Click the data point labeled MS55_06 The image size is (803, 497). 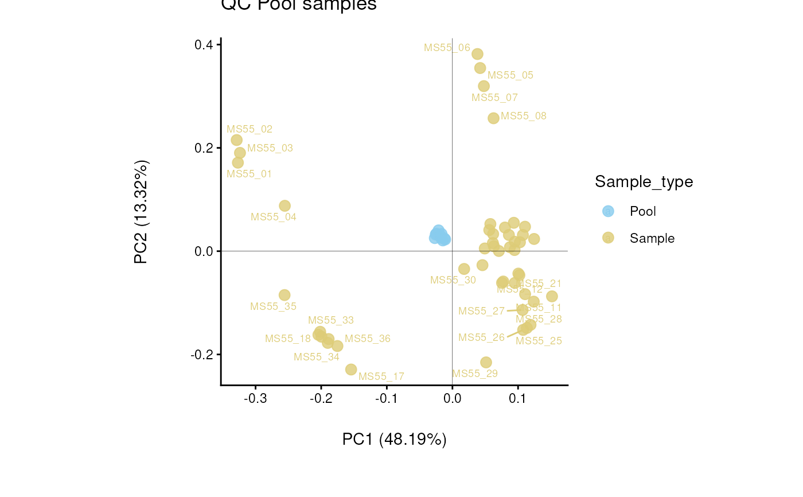click(477, 54)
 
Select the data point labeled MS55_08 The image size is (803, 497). click(493, 118)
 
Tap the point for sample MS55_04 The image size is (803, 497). click(284, 205)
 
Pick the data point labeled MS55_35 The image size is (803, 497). click(284, 295)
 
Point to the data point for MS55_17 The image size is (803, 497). click(351, 370)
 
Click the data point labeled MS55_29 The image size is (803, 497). click(486, 362)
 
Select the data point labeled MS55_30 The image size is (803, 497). click(464, 269)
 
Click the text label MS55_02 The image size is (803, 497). click(250, 129)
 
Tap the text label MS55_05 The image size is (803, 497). click(510, 75)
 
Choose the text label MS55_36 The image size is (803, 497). click(368, 339)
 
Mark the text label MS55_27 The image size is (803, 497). click(481, 311)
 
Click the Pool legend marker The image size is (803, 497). click(609, 211)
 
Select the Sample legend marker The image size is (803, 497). click(609, 238)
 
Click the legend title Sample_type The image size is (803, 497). click(644, 182)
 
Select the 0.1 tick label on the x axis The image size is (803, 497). click(518, 398)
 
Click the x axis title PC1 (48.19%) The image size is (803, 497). click(395, 440)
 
